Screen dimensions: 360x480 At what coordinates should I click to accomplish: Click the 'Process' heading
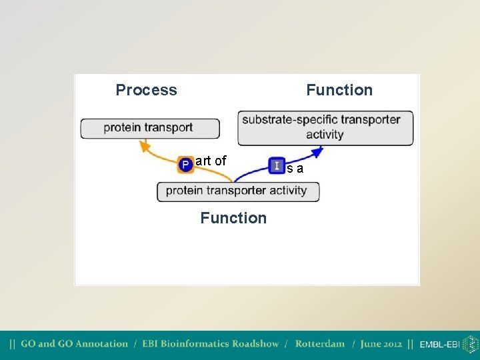click(146, 90)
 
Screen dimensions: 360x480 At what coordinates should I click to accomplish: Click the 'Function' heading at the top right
click(339, 90)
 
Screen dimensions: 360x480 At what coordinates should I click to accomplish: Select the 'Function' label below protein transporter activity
click(233, 218)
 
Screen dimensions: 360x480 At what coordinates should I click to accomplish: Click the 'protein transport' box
click(150, 128)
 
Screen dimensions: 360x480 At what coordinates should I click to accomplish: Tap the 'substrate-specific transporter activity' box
click(325, 127)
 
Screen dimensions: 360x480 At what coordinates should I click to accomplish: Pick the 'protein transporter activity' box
click(238, 191)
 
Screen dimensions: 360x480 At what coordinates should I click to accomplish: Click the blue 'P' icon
click(186, 164)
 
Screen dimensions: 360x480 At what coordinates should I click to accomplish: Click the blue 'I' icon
click(277, 165)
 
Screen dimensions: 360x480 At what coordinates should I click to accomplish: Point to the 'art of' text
click(211, 161)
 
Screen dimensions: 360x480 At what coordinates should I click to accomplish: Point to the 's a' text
click(295, 169)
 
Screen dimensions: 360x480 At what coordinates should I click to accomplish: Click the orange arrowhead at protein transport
click(143, 143)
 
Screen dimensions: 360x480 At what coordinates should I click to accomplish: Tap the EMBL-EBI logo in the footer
click(448, 345)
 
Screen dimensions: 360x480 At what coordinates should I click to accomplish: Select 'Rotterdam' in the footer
click(320, 344)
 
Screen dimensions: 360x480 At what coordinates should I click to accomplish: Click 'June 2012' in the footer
click(381, 344)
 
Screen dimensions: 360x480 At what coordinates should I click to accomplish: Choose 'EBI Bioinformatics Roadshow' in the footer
click(210, 344)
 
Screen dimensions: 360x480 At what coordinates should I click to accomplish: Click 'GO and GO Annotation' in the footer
click(74, 344)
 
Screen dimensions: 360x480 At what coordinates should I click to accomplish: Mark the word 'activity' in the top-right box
click(325, 135)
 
